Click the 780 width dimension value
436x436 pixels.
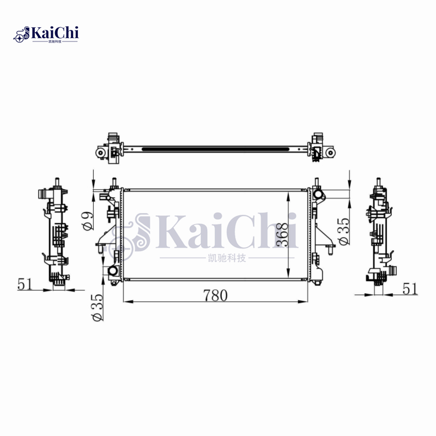tap(215, 295)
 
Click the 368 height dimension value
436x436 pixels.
tap(281, 235)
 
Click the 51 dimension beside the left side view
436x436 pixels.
tap(25, 284)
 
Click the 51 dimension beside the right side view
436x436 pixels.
tap(410, 288)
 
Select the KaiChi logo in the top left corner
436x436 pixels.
tap(46, 34)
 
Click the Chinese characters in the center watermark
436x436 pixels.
tap(218, 258)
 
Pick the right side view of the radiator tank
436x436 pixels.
tap(381, 234)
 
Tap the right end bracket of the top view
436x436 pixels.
tap(322, 148)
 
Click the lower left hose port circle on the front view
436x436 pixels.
tap(113, 271)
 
